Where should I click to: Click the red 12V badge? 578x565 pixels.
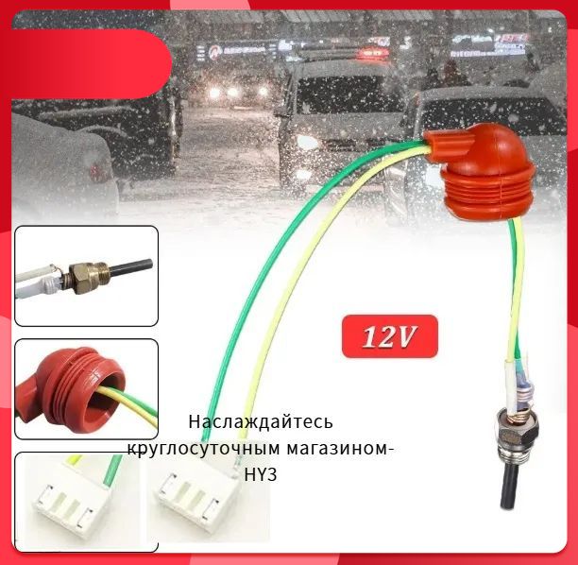coord(390,336)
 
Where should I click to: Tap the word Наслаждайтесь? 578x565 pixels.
coord(261,421)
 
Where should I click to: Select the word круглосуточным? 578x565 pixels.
coord(204,449)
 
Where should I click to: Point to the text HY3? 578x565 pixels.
coord(261,474)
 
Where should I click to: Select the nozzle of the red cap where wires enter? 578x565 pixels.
coord(446,145)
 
